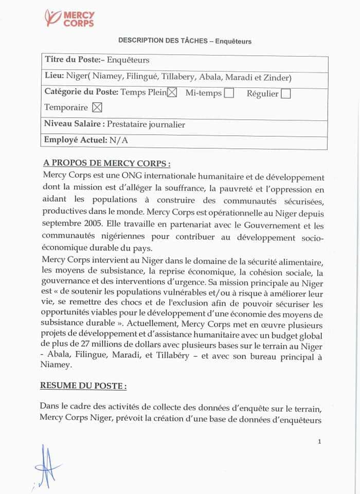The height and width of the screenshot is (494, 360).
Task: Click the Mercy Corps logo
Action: pyautogui.click(x=69, y=18)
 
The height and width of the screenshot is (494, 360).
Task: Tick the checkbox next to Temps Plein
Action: pyautogui.click(x=172, y=93)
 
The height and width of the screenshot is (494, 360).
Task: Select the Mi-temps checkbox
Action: pyautogui.click(x=229, y=93)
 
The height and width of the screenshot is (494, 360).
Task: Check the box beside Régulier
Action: pyautogui.click(x=286, y=94)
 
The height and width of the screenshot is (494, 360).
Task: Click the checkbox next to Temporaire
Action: pyautogui.click(x=97, y=108)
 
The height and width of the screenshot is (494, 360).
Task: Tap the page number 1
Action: pyautogui.click(x=319, y=441)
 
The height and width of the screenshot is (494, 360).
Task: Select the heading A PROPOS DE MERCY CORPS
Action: pyautogui.click(x=107, y=164)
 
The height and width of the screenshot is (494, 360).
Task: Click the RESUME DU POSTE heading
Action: pyautogui.click(x=83, y=385)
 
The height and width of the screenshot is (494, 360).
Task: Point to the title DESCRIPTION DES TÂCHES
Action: pyautogui.click(x=163, y=40)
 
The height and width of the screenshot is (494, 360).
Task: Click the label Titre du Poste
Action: pyautogui.click(x=72, y=60)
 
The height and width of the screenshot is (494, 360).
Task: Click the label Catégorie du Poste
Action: pyautogui.click(x=81, y=93)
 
